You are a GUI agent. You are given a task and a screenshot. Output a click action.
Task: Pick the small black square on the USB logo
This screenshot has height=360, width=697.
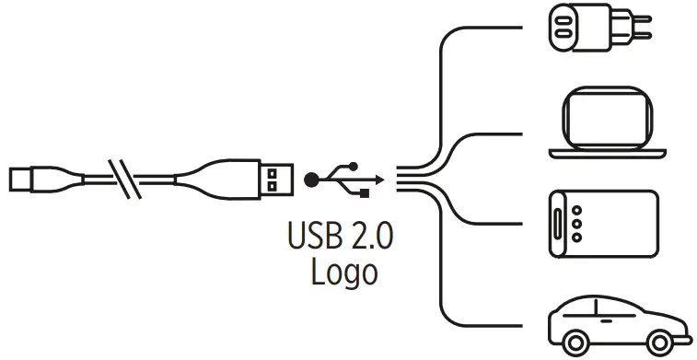pos(366,192)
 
